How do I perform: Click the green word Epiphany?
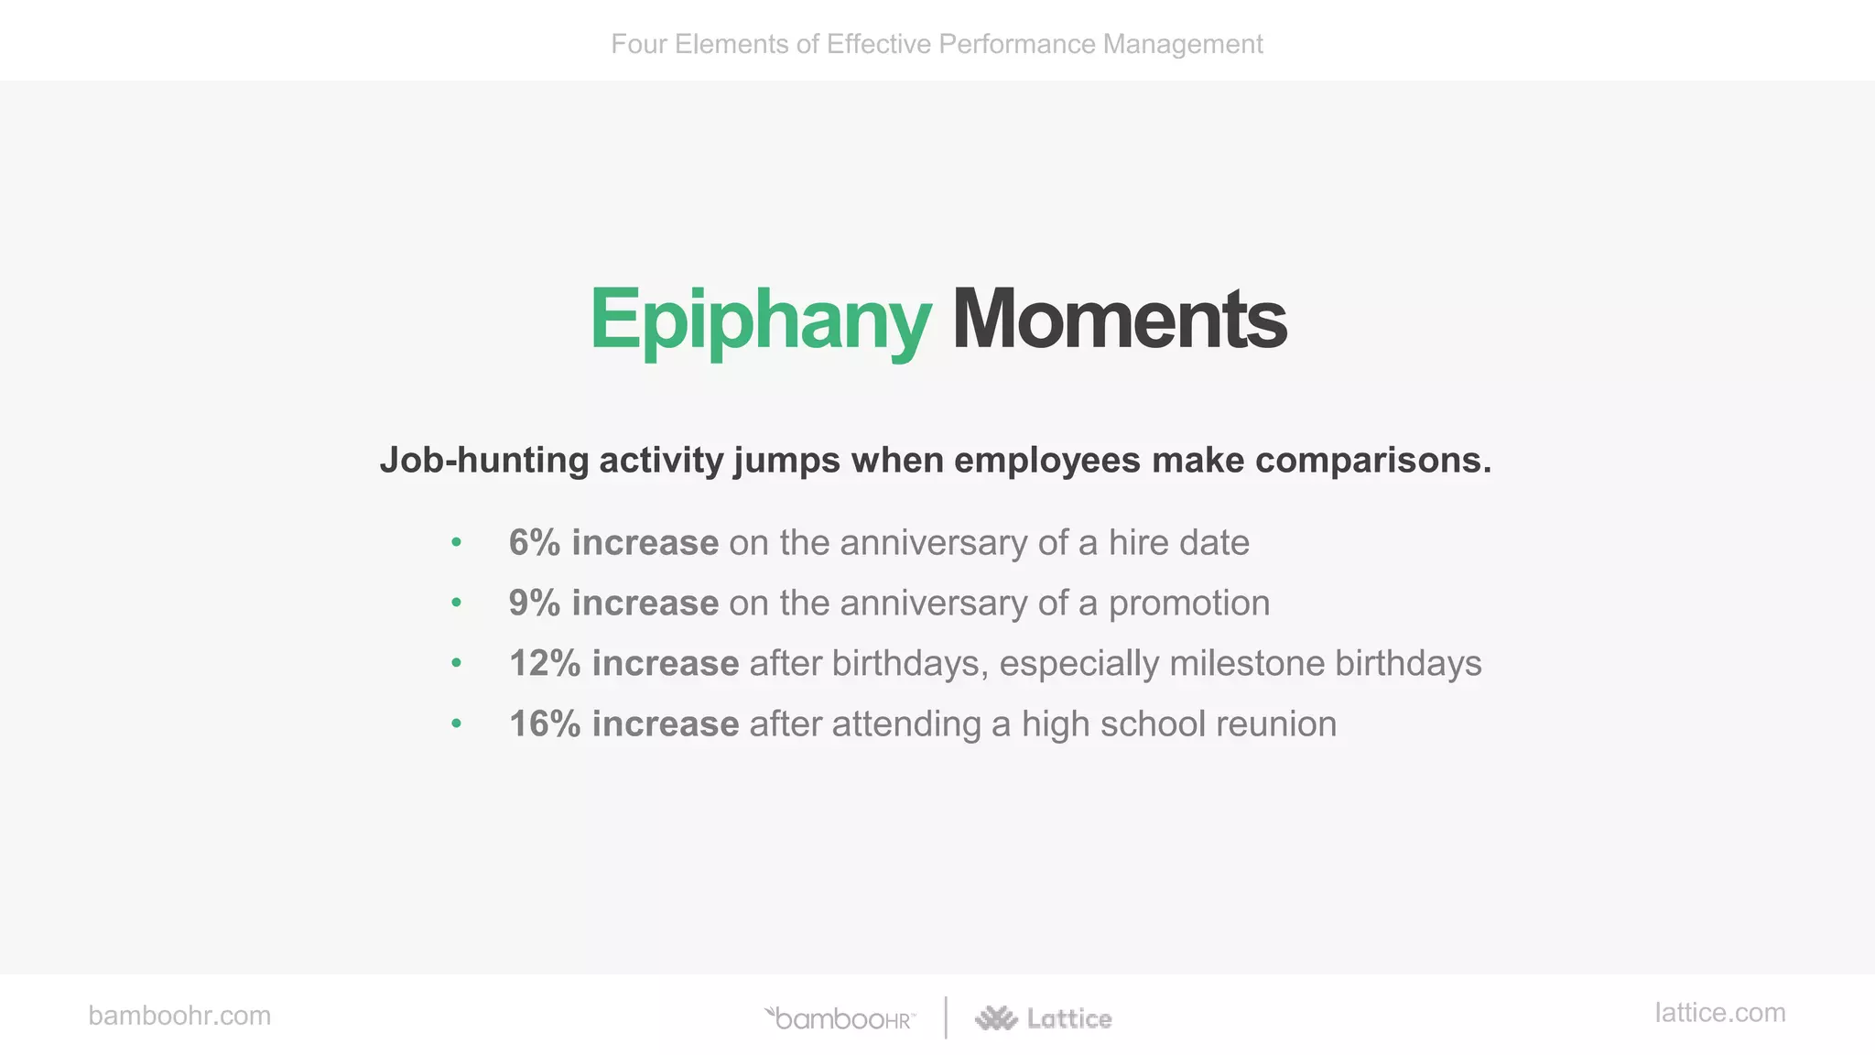pos(760,321)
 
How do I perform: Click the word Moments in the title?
pos(1119,321)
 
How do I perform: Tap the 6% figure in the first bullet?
pos(534,543)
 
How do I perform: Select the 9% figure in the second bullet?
pos(534,604)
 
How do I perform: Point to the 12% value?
pos(545,664)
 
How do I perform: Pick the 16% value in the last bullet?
pos(545,724)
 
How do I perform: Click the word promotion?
pos(1188,604)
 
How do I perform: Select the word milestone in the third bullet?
pos(1246,664)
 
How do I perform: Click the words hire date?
pos(1178,543)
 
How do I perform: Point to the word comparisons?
pos(1372,461)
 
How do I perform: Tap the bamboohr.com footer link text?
pos(179,1016)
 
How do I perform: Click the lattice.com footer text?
pos(1719,1013)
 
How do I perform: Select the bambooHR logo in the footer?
pos(840,1018)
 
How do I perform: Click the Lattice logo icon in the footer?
pos(996,1018)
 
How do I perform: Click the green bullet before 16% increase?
pos(456,724)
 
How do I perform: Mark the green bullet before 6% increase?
pos(456,543)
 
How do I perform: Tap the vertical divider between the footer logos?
pos(946,1017)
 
